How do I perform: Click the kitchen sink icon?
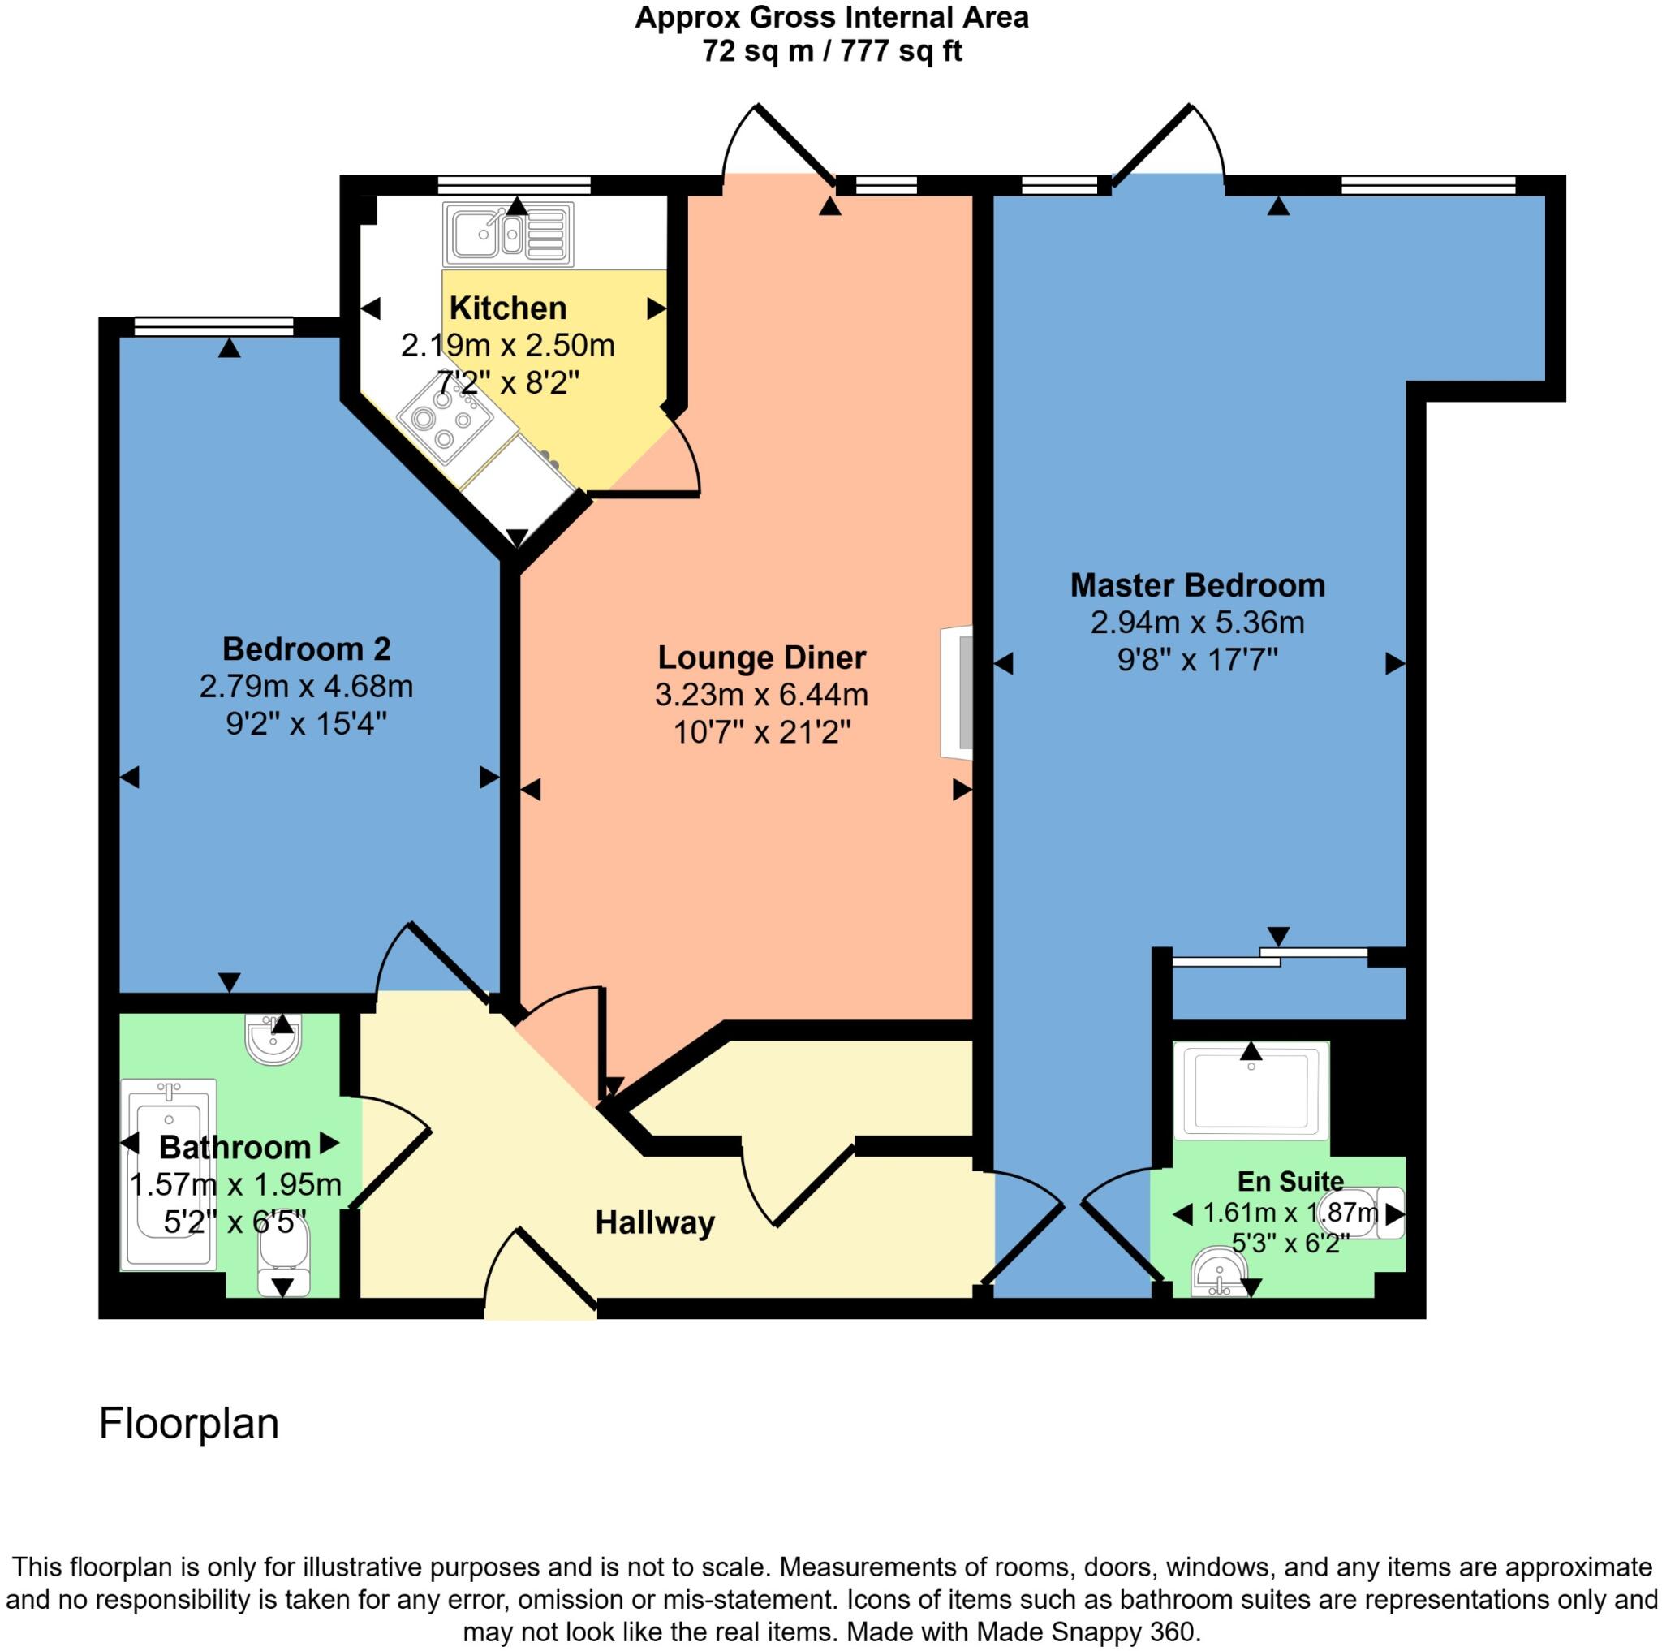tap(507, 234)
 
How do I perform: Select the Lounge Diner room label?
tap(761, 657)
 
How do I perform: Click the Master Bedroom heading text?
tap(1197, 585)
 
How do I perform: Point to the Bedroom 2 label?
tap(306, 649)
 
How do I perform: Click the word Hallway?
tap(655, 1222)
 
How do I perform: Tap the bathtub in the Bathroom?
tap(169, 1175)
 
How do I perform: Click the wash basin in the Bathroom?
tap(273, 1040)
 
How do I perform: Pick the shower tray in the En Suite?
tap(1251, 1091)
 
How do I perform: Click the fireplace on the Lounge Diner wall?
tap(958, 692)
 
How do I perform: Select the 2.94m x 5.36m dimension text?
tap(1197, 623)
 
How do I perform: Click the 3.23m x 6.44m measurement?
tap(761, 695)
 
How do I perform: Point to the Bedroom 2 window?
tap(213, 326)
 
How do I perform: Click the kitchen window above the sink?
tap(514, 184)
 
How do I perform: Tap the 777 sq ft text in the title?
tap(901, 53)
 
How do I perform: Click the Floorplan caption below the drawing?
tap(188, 1424)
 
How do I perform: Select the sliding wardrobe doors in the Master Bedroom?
tap(1270, 956)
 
